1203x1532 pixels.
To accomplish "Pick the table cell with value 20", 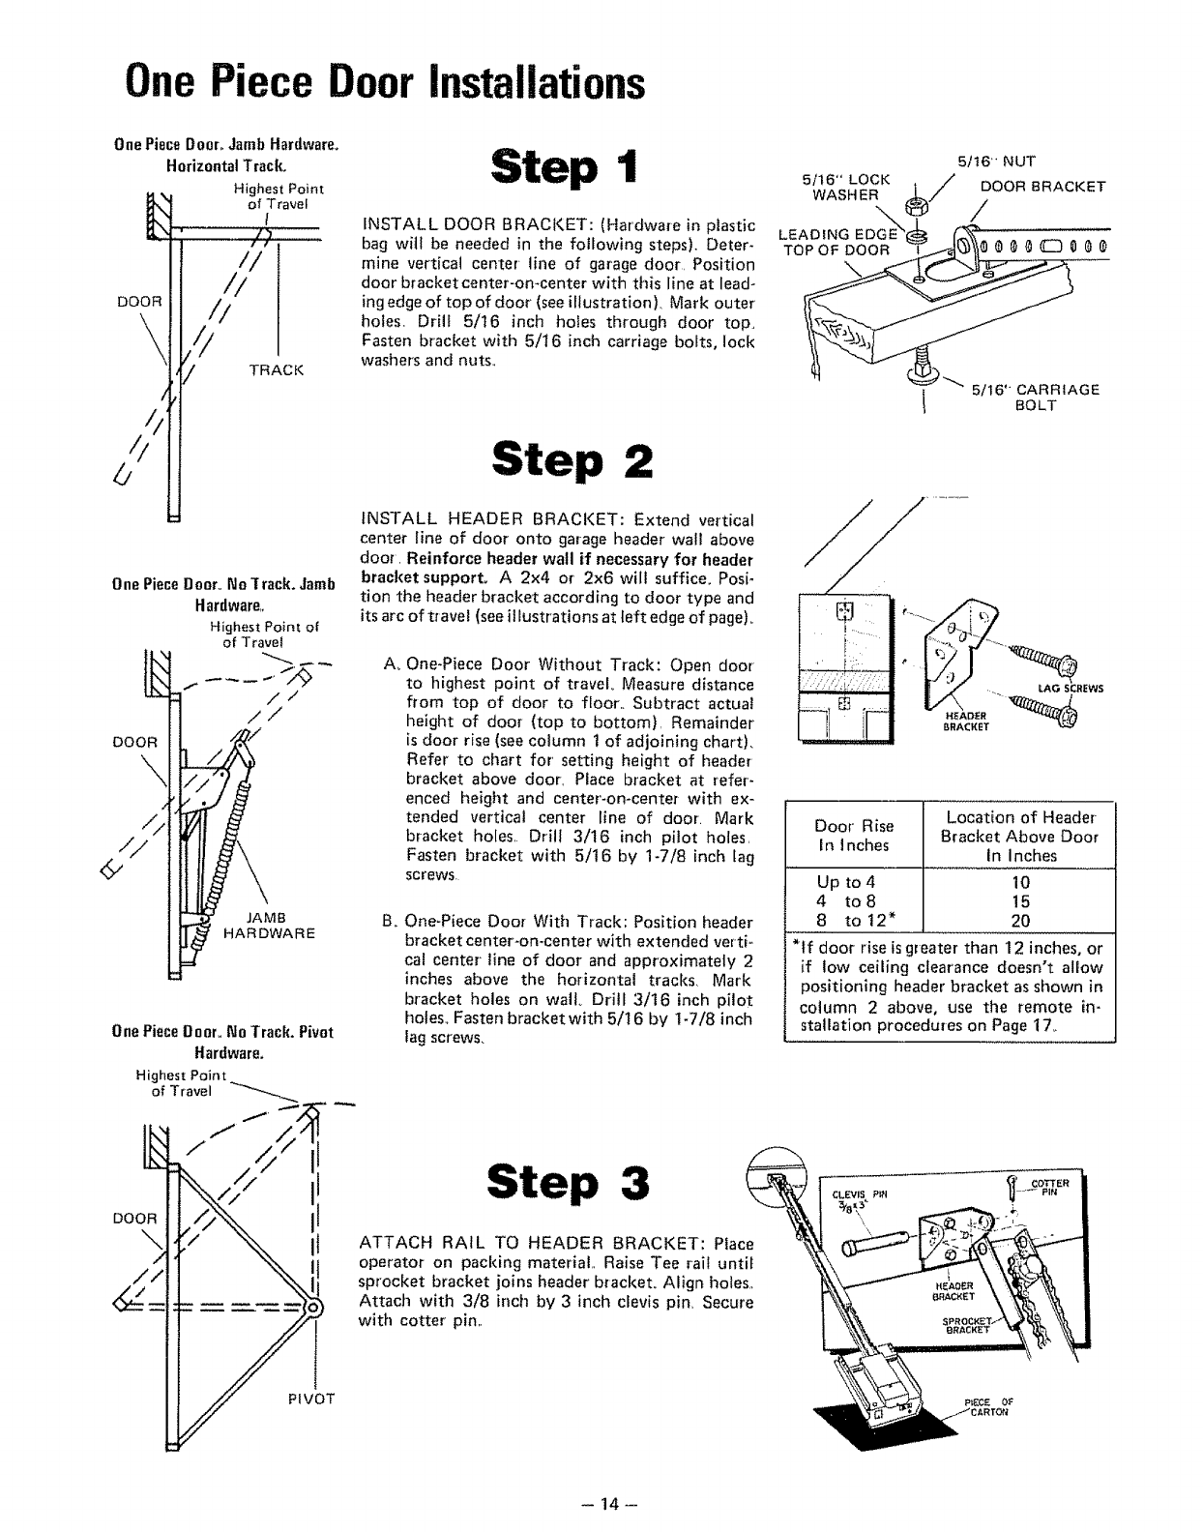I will click(1020, 921).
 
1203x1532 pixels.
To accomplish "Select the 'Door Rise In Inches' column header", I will click(854, 836).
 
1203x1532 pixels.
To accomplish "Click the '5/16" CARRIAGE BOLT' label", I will click(1036, 397).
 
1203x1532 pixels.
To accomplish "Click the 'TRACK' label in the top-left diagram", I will click(277, 369).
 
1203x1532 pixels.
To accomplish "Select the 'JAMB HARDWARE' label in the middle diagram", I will click(269, 926).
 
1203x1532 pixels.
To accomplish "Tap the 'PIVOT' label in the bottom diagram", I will click(310, 1399).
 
